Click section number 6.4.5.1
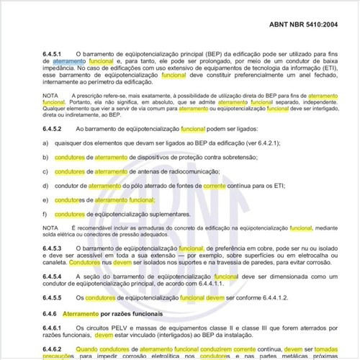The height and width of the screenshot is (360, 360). [x=54, y=55]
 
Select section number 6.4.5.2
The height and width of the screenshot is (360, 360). [x=54, y=128]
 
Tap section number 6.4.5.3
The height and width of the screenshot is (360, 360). [x=54, y=248]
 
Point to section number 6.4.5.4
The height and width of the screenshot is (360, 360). [x=54, y=276]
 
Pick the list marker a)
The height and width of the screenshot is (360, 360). [x=45, y=143]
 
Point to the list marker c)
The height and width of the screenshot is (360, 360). [x=45, y=171]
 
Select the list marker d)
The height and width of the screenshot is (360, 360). [x=45, y=186]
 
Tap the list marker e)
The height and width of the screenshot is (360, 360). [x=45, y=199]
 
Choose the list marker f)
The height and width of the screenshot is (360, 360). [x=45, y=214]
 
